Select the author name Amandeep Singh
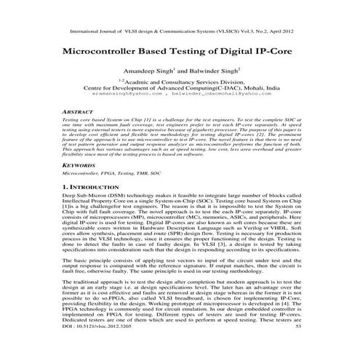coord(151,76)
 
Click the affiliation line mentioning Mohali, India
coord(180,89)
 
